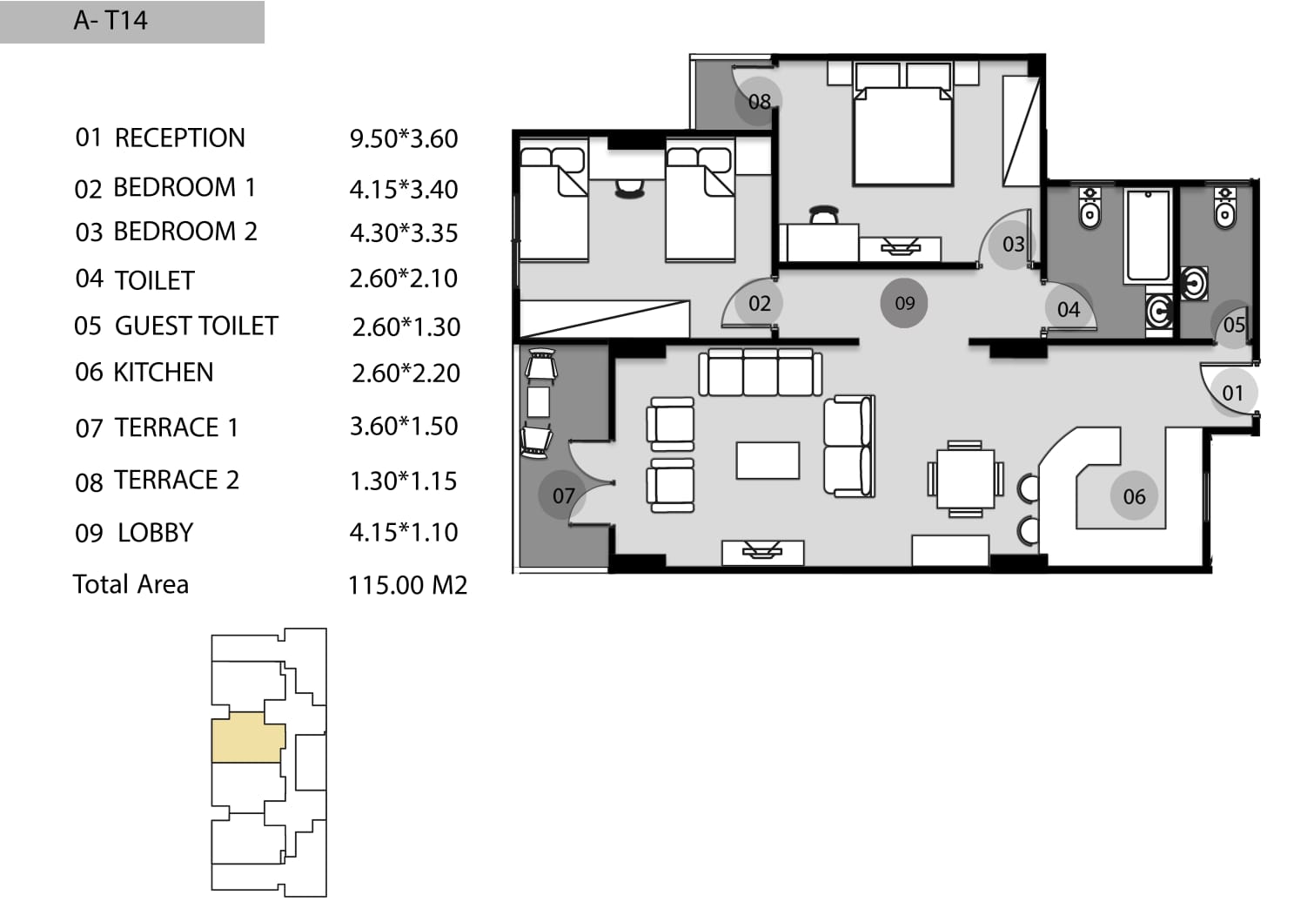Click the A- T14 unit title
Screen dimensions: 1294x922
coord(111,21)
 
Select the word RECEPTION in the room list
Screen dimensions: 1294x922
coord(179,138)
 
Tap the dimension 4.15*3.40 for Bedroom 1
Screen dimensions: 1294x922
coord(404,190)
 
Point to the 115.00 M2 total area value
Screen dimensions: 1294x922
coord(407,585)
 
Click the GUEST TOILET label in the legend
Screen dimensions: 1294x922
coord(197,326)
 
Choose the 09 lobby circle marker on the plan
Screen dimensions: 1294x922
coord(904,303)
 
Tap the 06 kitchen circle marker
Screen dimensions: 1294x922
coord(1134,496)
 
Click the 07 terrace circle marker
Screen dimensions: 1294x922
coord(563,495)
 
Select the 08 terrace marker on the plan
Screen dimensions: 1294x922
coord(759,101)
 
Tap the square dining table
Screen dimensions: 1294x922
coord(965,479)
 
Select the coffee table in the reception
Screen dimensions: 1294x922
coord(768,461)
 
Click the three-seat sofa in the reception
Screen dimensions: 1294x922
coord(761,373)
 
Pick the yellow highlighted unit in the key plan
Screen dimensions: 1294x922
coord(248,737)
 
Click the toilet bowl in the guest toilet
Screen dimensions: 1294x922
coord(1224,209)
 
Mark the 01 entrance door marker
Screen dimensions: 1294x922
coord(1232,393)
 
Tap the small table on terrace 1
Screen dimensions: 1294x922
coord(539,401)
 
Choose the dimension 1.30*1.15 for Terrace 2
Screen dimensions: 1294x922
coord(403,481)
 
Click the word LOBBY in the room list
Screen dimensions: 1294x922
coord(156,533)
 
